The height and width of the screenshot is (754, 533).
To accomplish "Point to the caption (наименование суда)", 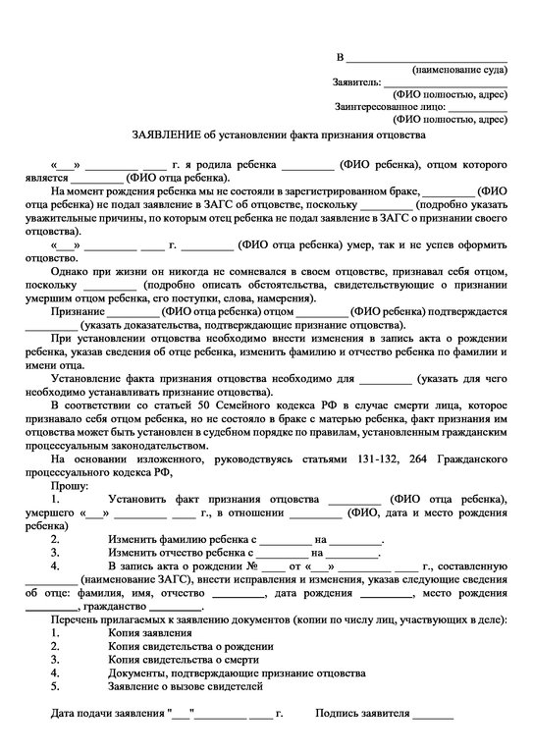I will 459,71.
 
